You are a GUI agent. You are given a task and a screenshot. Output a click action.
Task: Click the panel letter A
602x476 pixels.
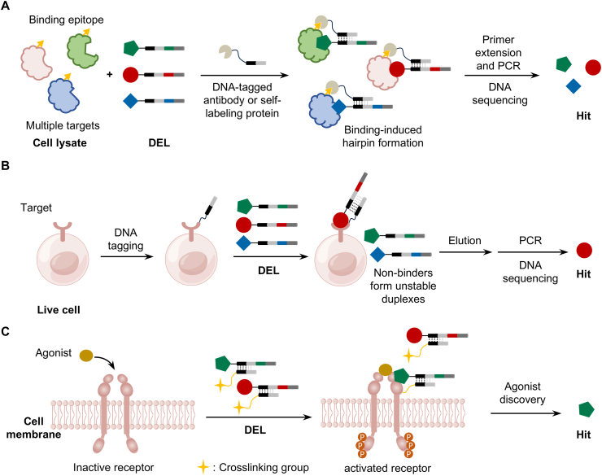point(6,6)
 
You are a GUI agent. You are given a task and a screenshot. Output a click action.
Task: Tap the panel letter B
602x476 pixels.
point(6,165)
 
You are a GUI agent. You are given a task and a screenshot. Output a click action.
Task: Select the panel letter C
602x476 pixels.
point(6,331)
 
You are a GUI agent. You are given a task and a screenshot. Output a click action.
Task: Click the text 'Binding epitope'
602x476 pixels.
point(67,20)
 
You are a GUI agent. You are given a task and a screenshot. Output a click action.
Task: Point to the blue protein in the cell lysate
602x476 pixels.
point(63,94)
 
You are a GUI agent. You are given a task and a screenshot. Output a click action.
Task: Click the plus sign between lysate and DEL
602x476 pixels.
point(110,74)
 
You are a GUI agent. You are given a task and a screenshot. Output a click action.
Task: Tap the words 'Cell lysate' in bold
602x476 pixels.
point(60,143)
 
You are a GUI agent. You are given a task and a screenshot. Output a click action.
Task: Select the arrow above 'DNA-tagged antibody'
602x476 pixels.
point(245,76)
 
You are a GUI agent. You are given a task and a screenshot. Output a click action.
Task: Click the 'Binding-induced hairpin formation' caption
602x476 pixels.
point(383,136)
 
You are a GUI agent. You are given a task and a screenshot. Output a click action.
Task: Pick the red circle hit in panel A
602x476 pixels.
point(593,68)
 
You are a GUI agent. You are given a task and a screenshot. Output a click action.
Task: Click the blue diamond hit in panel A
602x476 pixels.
point(574,86)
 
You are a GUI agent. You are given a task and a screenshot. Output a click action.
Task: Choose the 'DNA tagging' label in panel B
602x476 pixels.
point(125,239)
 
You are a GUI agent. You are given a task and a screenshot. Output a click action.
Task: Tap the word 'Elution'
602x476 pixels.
point(465,241)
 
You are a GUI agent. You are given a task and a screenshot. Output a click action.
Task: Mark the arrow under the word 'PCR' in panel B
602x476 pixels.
point(533,252)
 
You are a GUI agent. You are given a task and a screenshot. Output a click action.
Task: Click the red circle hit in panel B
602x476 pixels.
point(584,251)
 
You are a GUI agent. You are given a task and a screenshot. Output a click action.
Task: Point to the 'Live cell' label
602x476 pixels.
point(59,310)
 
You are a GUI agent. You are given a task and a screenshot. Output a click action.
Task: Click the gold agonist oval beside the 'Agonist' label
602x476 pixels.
point(86,356)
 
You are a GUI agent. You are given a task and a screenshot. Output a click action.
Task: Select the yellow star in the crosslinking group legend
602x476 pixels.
point(203,467)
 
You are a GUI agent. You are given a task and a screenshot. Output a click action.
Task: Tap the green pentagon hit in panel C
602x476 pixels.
point(587,409)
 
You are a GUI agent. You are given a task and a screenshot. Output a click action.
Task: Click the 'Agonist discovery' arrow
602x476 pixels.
point(526,413)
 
